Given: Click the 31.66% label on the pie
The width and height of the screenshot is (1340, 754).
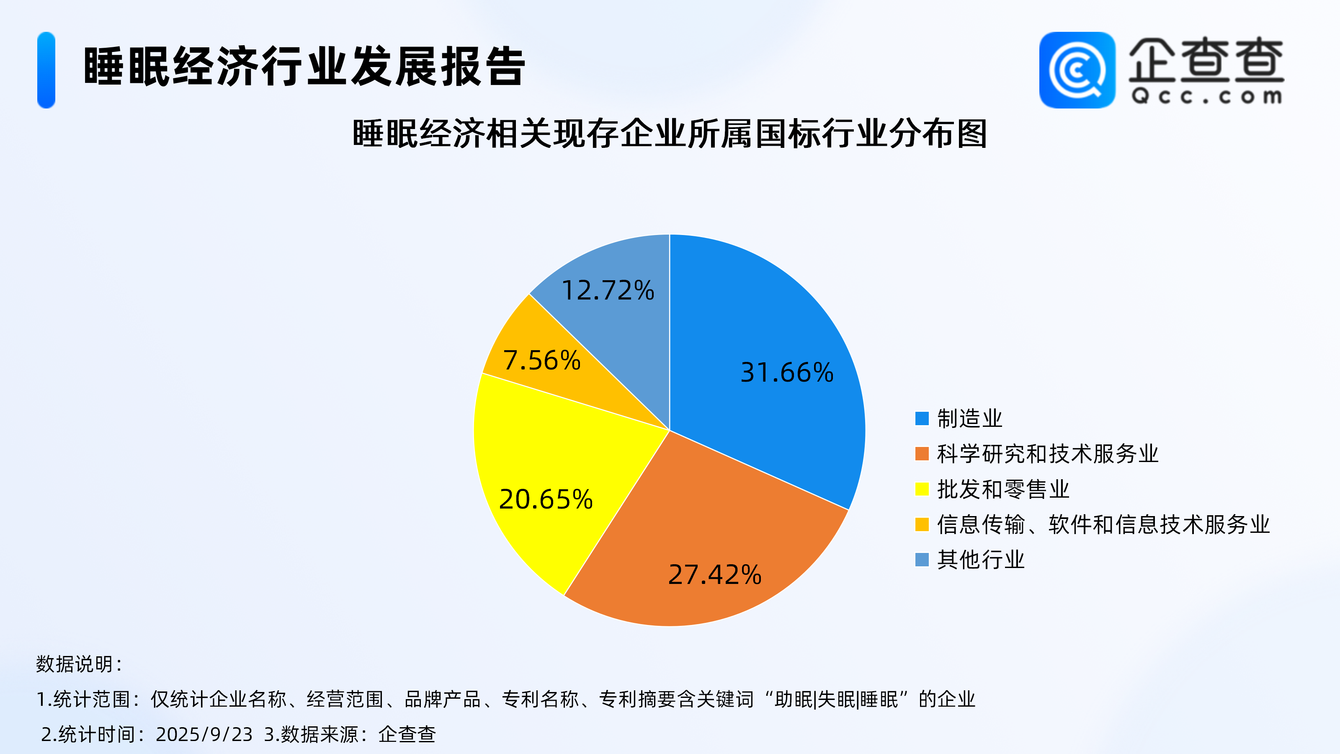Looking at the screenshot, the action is pos(786,372).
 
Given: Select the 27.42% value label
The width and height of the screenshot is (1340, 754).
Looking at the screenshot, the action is pos(715,574).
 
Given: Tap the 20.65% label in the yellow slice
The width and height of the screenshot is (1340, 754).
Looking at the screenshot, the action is pos(546,499).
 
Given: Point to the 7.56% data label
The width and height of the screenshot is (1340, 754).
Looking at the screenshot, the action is pos(541,360).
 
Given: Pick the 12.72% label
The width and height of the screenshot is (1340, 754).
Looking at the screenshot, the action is pos(608,290).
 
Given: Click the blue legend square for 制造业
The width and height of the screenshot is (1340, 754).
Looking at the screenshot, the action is pos(922,418).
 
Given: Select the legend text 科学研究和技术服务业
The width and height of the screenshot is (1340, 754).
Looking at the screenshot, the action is pos(1048,454).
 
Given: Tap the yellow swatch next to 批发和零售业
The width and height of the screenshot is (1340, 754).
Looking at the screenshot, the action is pos(922,489).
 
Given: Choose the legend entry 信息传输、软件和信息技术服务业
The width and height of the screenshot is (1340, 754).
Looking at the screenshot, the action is pos(1103,524).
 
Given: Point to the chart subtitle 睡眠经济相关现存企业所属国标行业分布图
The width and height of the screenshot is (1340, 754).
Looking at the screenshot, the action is pos(670,134).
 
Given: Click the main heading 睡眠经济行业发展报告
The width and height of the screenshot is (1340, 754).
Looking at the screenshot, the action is pos(304,66).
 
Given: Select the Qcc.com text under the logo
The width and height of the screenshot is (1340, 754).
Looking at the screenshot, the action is pos(1207,96).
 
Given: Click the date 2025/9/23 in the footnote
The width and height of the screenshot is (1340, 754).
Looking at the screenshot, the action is pos(204,734).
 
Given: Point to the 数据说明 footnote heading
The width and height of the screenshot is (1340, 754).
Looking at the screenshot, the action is pos(79,664).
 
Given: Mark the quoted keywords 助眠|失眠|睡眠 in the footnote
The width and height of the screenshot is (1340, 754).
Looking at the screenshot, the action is pos(837,700).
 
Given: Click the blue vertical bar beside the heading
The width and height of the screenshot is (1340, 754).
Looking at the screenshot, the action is pos(46,70).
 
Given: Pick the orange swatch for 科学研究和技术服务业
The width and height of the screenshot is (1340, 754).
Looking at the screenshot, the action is pos(922,454).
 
